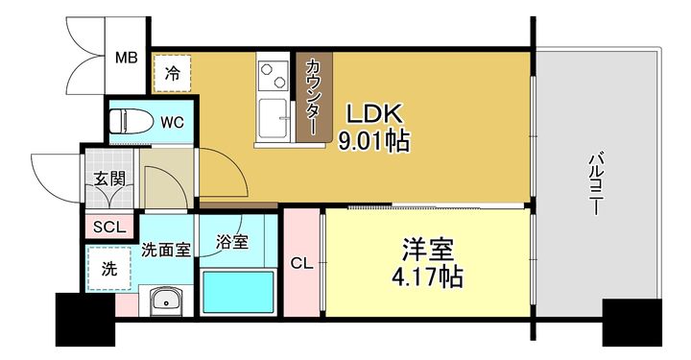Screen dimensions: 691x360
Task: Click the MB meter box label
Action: click(x=127, y=58)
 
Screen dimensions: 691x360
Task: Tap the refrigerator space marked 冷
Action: click(x=173, y=73)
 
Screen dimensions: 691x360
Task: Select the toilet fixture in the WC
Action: click(x=131, y=121)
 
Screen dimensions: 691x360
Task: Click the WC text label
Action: click(x=172, y=123)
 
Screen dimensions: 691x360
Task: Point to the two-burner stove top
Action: click(x=274, y=75)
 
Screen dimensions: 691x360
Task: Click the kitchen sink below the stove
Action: click(x=273, y=118)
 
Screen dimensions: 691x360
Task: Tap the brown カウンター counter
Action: click(x=314, y=97)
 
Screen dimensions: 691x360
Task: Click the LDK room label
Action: click(x=374, y=113)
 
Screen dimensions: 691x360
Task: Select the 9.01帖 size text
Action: click(x=373, y=140)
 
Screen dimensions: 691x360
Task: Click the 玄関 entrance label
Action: click(x=109, y=179)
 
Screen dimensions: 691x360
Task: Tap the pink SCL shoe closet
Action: click(x=109, y=227)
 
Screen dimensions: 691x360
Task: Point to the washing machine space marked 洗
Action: click(x=109, y=269)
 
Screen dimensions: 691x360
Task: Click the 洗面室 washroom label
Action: click(x=166, y=250)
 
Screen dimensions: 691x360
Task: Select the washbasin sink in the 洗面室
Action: click(x=166, y=300)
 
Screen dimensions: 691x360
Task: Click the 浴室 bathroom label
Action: click(x=232, y=242)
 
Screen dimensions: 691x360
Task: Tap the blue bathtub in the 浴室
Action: click(x=238, y=292)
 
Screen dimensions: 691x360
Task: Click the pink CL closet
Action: click(x=301, y=263)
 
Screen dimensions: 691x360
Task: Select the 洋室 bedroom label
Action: click(x=427, y=251)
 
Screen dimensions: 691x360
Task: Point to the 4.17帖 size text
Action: click(x=427, y=277)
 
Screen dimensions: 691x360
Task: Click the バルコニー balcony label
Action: click(x=596, y=183)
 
